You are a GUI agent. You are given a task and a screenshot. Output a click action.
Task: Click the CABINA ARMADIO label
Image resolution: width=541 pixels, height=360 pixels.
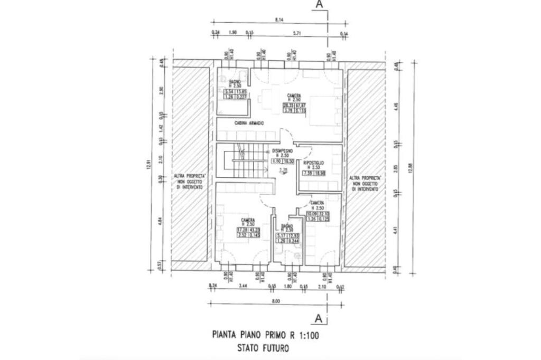point(249,123)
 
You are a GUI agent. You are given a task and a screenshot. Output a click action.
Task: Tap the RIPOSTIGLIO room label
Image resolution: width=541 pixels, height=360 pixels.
point(313,163)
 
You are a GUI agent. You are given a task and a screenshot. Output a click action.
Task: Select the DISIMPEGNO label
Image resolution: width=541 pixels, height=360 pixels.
point(284,150)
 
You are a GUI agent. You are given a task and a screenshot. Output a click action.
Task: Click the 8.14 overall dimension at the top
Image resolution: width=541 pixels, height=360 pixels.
point(279,20)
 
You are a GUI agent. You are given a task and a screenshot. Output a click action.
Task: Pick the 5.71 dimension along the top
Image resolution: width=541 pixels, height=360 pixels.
point(296,33)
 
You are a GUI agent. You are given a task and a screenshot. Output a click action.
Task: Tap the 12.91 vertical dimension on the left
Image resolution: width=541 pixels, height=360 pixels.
point(150,165)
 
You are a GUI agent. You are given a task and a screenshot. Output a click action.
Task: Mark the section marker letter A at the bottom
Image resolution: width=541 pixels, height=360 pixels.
point(319,318)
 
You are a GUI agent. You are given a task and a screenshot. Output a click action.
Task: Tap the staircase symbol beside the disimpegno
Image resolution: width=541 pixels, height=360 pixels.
point(244,161)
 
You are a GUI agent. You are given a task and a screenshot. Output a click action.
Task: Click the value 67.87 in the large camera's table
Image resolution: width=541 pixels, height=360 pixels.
point(301,105)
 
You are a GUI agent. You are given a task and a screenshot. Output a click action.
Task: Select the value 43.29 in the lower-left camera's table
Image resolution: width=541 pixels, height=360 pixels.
point(255,230)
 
